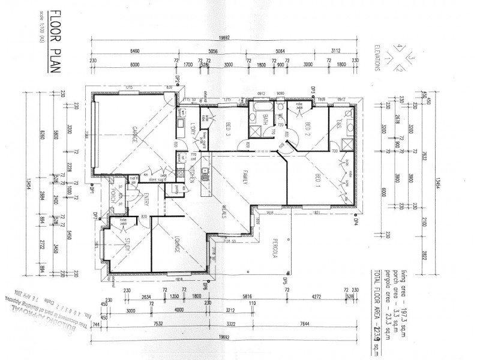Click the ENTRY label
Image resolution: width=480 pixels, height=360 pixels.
(146, 199)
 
